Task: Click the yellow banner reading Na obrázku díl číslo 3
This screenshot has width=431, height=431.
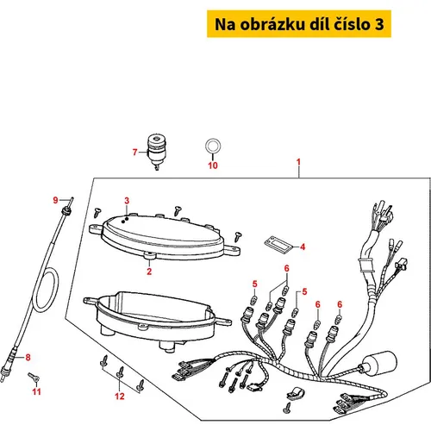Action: pos(299,24)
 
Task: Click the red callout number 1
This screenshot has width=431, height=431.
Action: pos(298,162)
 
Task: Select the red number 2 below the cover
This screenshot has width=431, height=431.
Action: pos(149,272)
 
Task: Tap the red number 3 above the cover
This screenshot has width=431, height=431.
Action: pos(127,201)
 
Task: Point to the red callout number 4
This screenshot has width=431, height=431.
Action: pos(303,247)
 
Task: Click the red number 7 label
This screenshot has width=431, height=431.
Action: pos(134,152)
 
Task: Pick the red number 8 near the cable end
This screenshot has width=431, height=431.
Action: pos(28,358)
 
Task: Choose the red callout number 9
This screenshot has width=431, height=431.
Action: pos(55,200)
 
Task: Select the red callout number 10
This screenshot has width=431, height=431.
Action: pos(213,166)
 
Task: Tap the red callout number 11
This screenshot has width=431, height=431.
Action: pos(36,391)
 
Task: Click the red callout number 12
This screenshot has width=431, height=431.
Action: pos(120,397)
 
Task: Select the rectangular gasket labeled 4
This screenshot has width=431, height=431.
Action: pos(278,245)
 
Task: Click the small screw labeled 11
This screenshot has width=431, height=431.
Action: pos(34,378)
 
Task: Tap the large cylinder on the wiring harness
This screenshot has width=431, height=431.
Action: pos(378,363)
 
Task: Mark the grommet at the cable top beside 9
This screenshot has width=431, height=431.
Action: pos(66,211)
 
